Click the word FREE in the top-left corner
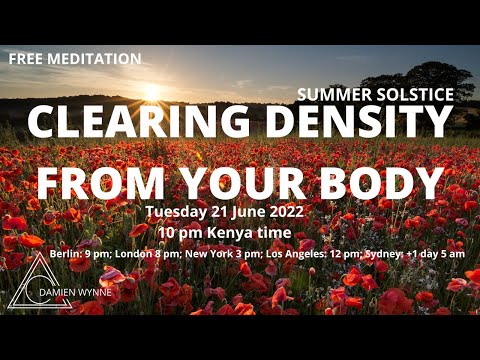tap(26, 59)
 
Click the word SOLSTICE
tap(415, 95)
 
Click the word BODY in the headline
tap(378, 183)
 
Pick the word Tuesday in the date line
tap(177, 212)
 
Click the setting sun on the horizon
tap(151, 91)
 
